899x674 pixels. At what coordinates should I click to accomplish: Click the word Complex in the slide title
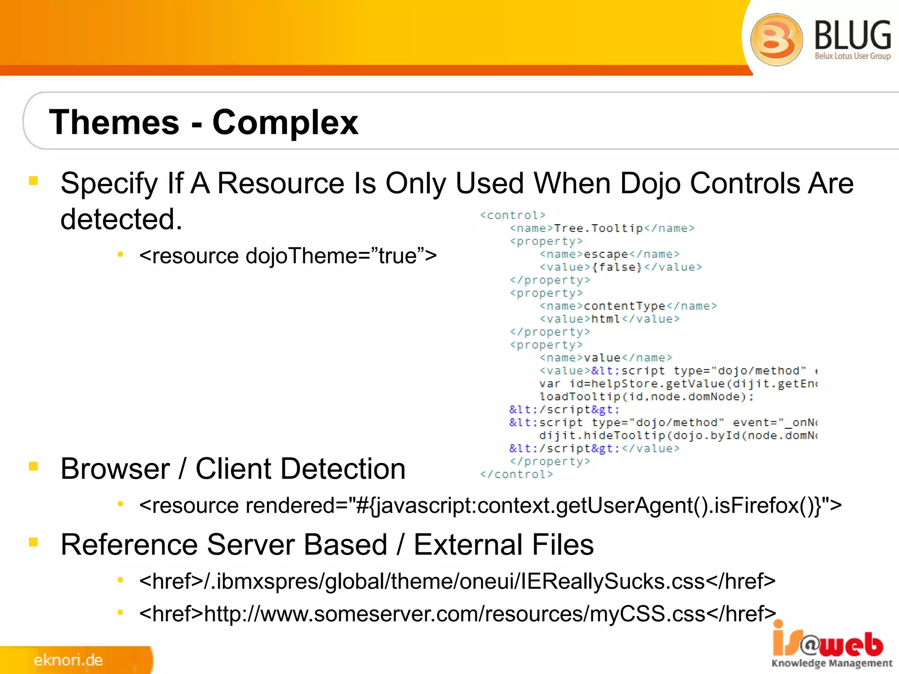tap(285, 123)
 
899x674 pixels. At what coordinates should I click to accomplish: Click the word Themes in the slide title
tap(114, 122)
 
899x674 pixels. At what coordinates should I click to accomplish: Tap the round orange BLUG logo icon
tap(776, 39)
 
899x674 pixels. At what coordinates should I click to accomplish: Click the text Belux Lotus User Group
tap(852, 56)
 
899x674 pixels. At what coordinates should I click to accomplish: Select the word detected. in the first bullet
tap(121, 219)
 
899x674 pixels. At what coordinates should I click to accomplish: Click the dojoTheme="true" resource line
tap(288, 256)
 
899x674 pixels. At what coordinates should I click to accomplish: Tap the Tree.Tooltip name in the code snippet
tap(598, 228)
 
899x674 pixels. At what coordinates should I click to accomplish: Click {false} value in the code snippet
tap(617, 267)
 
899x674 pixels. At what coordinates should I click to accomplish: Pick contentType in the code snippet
tap(625, 306)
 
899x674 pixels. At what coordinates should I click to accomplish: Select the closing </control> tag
tap(516, 474)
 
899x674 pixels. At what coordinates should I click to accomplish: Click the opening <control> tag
tap(513, 215)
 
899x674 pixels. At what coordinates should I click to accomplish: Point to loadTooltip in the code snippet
tap(579, 397)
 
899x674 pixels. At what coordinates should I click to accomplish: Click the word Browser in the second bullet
tap(115, 469)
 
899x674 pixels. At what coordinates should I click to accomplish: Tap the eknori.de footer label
tap(68, 660)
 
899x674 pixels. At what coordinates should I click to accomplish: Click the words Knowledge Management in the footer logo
tap(832, 663)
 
